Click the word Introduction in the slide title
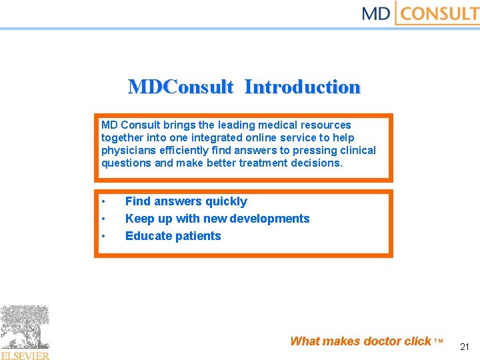(302, 87)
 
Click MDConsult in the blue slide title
(181, 87)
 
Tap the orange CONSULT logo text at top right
(440, 13)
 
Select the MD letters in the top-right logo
(375, 13)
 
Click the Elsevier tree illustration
(25, 327)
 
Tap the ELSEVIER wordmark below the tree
(25, 355)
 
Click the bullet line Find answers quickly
(186, 201)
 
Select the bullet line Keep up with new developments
(217, 219)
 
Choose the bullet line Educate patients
(173, 236)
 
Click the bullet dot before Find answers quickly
(104, 202)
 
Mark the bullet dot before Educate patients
(104, 237)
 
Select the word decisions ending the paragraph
(316, 163)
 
